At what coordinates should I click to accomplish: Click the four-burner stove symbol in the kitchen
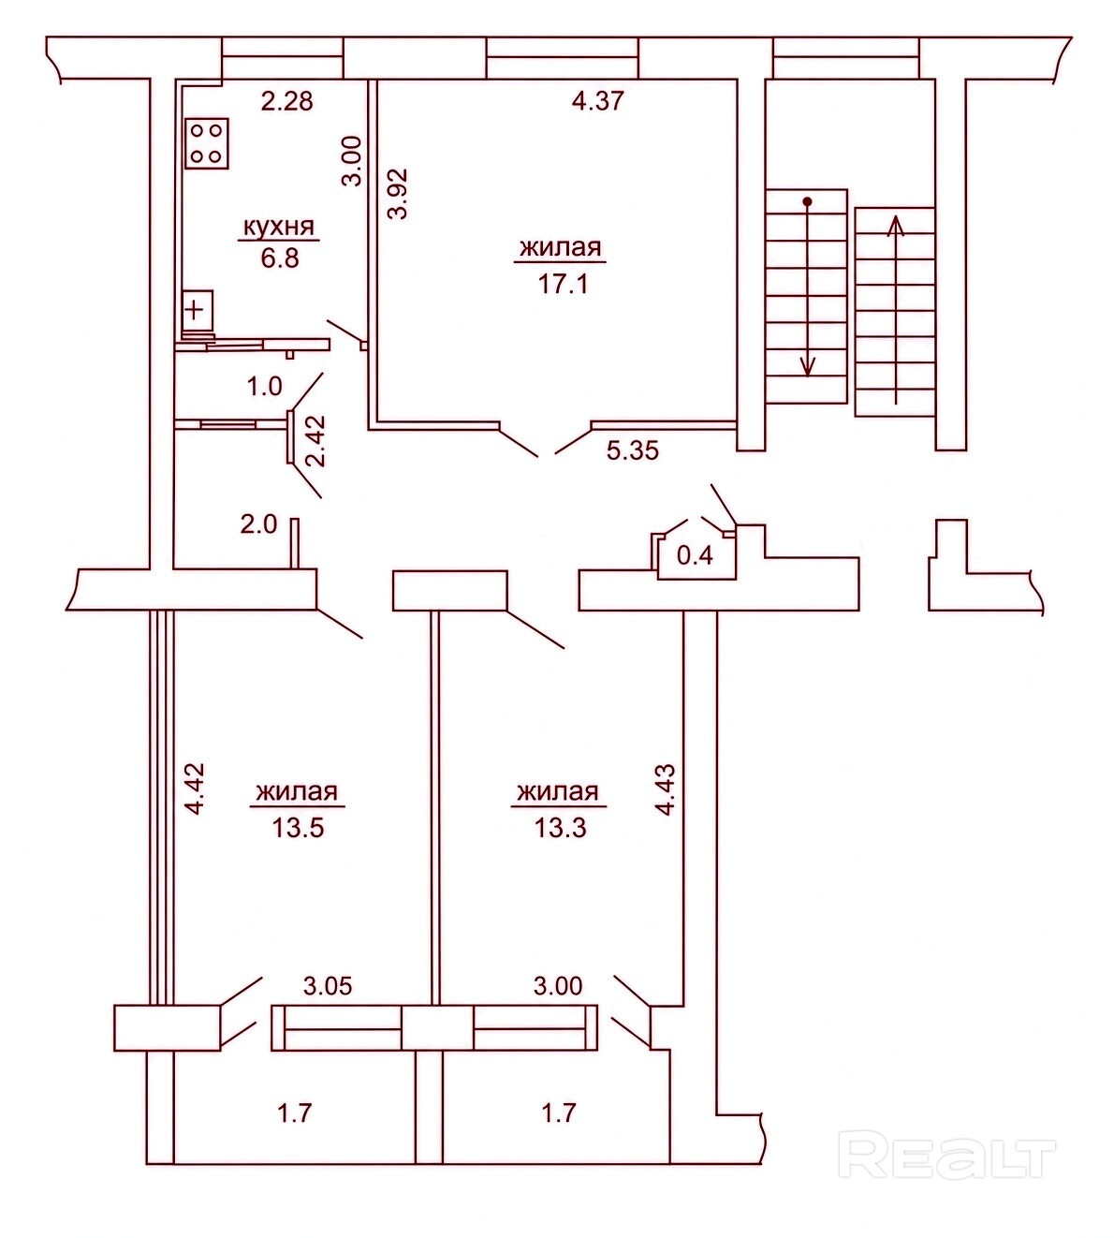207,143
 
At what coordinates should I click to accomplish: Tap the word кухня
279,227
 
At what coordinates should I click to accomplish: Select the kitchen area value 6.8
280,258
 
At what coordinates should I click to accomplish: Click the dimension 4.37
598,100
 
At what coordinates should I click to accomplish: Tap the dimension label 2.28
287,100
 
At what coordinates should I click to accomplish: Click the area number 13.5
298,828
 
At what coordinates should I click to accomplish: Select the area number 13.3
561,828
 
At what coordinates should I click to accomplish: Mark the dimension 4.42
194,788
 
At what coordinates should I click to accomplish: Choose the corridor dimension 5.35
633,450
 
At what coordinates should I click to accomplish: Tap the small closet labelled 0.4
695,556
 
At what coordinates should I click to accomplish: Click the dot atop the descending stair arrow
807,202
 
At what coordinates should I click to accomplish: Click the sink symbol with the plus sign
198,310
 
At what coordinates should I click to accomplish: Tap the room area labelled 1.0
265,387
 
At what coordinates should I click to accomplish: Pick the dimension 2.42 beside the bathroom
316,441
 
